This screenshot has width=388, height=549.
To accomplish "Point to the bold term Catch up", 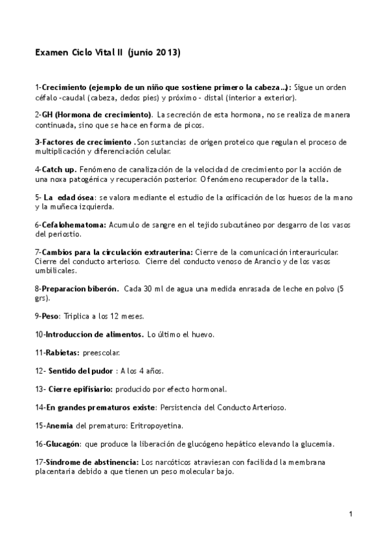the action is pyautogui.click(x=58, y=169).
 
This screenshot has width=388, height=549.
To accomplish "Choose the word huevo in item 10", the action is pyautogui.click(x=203, y=335).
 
